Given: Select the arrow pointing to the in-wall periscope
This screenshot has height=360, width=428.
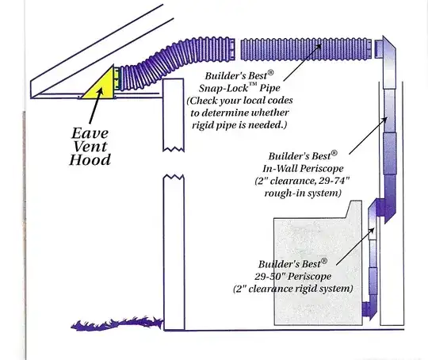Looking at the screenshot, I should pos(365,136).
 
